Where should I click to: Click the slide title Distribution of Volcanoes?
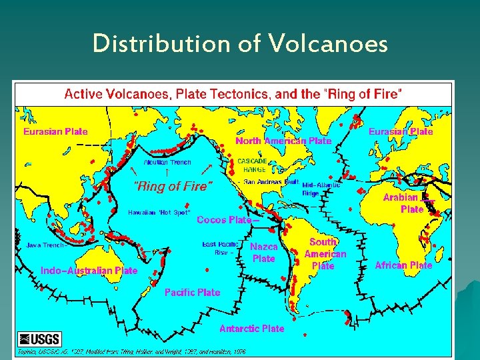point(240,45)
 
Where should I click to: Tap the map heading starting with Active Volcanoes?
point(233,94)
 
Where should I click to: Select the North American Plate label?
point(283,141)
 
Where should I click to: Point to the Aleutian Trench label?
point(167,162)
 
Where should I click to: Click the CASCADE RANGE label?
point(252,165)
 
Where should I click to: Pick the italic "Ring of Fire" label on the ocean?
point(173,187)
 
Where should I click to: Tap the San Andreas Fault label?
point(271,181)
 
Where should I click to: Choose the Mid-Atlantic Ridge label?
point(321,189)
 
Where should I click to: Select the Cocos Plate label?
point(225,219)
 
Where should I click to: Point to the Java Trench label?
point(45,245)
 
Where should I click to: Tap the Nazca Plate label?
point(263,253)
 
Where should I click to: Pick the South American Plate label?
point(325,254)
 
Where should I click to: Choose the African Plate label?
point(403,265)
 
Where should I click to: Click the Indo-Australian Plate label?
point(89,271)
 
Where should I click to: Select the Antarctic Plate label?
point(251,329)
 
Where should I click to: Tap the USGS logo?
point(39,339)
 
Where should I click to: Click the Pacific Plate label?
point(192,292)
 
